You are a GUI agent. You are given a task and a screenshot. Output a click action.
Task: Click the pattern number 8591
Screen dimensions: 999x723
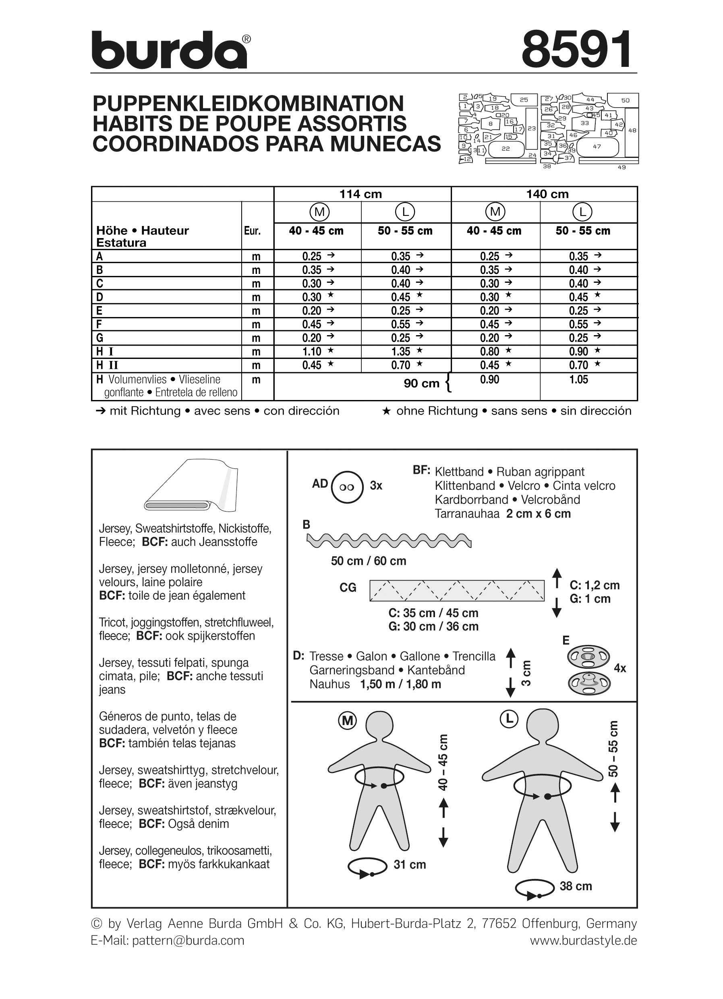[577, 49]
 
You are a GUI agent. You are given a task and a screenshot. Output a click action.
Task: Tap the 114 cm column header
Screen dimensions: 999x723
[360, 194]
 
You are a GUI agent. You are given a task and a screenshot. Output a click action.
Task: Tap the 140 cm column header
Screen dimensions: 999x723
[547, 194]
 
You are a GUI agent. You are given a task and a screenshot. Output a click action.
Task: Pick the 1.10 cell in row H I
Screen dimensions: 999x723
[312, 352]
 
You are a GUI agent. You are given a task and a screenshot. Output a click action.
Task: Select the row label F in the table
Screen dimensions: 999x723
[99, 325]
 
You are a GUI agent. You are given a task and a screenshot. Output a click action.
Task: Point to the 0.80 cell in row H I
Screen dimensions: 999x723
[490, 352]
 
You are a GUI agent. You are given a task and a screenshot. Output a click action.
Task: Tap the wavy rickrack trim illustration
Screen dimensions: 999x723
[389, 540]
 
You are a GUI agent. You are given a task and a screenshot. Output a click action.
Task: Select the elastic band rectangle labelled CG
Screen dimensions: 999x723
[457, 591]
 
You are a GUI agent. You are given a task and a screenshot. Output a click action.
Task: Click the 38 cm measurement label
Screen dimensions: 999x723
[576, 886]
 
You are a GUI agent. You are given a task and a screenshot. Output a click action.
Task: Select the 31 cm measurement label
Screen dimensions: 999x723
[410, 864]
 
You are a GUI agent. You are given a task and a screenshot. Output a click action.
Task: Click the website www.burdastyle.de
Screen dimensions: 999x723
[583, 941]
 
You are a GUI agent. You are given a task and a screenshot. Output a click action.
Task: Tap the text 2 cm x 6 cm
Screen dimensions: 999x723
[538, 514]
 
